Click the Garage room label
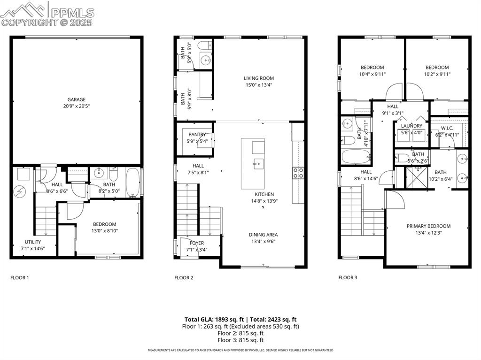click(x=76, y=100)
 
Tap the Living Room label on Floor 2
click(x=258, y=78)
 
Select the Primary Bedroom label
click(x=428, y=226)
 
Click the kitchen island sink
click(x=257, y=164)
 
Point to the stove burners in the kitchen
click(x=298, y=173)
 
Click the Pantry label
click(x=197, y=135)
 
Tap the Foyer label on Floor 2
click(x=197, y=243)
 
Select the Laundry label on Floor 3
click(x=411, y=126)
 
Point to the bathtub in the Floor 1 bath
click(x=132, y=183)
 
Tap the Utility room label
click(x=33, y=242)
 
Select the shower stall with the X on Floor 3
click(x=416, y=177)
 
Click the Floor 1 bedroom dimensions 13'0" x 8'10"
click(x=104, y=231)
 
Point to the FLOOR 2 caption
click(x=184, y=277)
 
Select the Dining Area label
click(x=263, y=235)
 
